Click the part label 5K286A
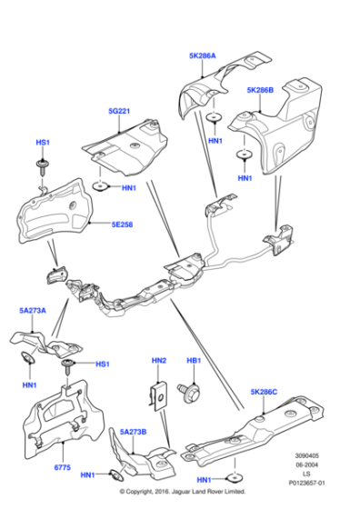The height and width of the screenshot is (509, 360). (202, 55)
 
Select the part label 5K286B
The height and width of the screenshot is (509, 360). (260, 90)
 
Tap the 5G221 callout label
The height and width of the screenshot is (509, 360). (119, 111)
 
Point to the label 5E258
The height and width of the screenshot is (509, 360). (122, 225)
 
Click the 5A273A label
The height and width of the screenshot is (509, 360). (33, 311)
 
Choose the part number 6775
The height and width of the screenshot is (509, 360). (63, 467)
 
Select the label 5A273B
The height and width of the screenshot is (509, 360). (133, 432)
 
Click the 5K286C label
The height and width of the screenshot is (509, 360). (264, 392)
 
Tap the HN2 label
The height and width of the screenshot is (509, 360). (159, 361)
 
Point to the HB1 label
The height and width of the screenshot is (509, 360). (194, 361)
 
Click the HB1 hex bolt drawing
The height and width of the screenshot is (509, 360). (188, 392)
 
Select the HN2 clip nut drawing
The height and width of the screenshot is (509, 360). (158, 396)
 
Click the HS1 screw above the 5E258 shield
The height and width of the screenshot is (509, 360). (42, 166)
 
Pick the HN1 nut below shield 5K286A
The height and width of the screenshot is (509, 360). (214, 117)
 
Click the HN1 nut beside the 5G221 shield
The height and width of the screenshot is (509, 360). (100, 186)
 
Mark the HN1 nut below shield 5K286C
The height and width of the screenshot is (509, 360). (234, 478)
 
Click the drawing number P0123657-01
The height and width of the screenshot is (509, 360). (306, 483)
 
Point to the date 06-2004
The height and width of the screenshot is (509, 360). (306, 464)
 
